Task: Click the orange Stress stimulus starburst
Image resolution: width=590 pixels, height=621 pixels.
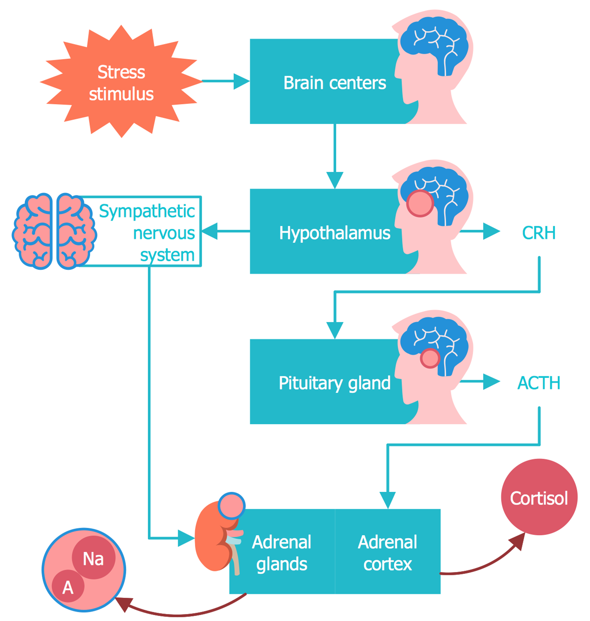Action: pos(121,82)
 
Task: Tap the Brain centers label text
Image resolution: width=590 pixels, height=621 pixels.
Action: pos(335,83)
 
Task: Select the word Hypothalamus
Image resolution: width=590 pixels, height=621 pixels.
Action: pos(335,233)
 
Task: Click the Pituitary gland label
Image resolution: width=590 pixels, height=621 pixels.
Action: pos(335,383)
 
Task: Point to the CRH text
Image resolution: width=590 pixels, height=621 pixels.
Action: pos(539,233)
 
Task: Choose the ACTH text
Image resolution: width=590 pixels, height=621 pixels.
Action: pos(539,383)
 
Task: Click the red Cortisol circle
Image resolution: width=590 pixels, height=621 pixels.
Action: pos(539,497)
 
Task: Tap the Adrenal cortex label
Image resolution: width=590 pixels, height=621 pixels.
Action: pos(388,553)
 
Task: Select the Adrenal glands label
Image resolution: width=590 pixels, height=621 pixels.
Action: pos(282,553)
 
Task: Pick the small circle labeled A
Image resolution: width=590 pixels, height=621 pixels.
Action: pos(68,587)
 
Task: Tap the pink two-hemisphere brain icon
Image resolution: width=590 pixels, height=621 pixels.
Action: pos(54,231)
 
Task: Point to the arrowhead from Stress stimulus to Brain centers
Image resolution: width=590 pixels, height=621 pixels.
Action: pos(242,82)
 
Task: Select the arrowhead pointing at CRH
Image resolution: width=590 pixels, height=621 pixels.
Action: pos(492,231)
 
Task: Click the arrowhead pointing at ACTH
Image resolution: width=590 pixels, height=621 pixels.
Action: pos(492,381)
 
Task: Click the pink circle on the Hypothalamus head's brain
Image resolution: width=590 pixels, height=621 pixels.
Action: pos(420,203)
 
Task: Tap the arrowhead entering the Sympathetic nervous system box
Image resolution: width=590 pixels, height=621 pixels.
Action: pos(210,231)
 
